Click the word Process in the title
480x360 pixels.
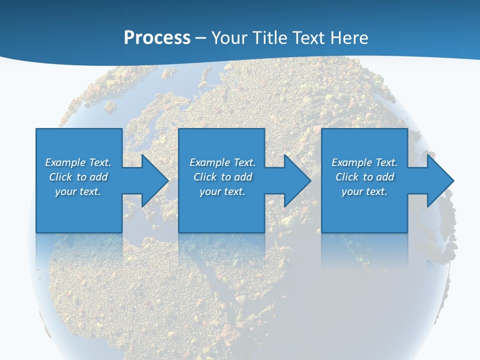pyautogui.click(x=157, y=38)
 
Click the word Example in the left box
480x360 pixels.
pyautogui.click(x=65, y=162)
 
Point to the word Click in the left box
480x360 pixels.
pyautogui.click(x=60, y=177)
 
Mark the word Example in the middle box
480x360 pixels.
pyautogui.click(x=209, y=162)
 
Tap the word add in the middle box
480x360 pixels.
pyautogui.click(x=243, y=177)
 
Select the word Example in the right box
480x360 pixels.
pyautogui.click(x=351, y=162)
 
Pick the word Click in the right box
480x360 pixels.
pyautogui.click(x=347, y=177)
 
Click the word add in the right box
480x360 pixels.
pyautogui.click(x=385, y=177)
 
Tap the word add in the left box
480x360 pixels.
pyautogui.click(x=98, y=177)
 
